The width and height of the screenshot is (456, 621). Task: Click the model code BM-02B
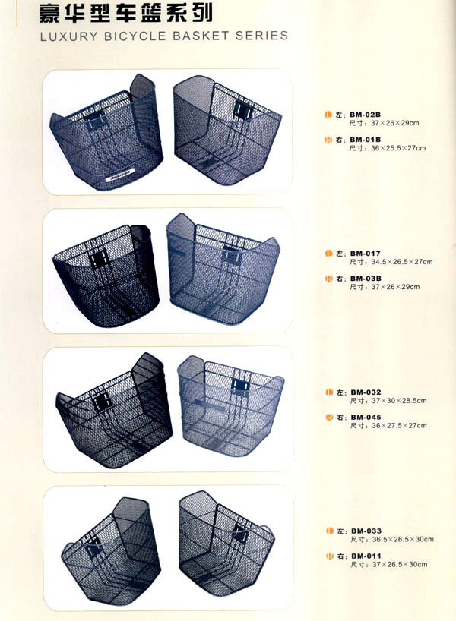pos(365,115)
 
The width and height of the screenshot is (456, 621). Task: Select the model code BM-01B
pos(365,140)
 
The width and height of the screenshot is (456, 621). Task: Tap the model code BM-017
pos(366,254)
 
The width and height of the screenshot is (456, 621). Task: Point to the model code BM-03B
pos(366,279)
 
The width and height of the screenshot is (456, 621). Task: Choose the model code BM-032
pos(366,392)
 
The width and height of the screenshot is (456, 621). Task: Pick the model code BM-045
pos(366,418)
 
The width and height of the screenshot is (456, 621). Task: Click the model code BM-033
pos(366,531)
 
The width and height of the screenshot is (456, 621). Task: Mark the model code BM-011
pos(366,556)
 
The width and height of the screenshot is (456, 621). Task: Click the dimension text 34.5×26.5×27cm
pos(402,262)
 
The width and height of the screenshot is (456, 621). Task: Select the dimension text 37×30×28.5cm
pos(399,401)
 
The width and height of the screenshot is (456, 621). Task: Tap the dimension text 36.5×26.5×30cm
pos(403,540)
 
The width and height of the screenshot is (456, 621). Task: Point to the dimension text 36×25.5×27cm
pos(398,148)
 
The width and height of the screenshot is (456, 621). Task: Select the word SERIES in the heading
pos(261,36)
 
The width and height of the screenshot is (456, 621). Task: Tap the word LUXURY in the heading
pos(68,37)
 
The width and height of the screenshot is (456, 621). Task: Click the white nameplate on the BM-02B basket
pos(121,175)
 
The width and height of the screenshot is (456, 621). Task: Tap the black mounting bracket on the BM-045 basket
pos(240,386)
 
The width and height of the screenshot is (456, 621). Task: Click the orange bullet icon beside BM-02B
pos(328,115)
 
